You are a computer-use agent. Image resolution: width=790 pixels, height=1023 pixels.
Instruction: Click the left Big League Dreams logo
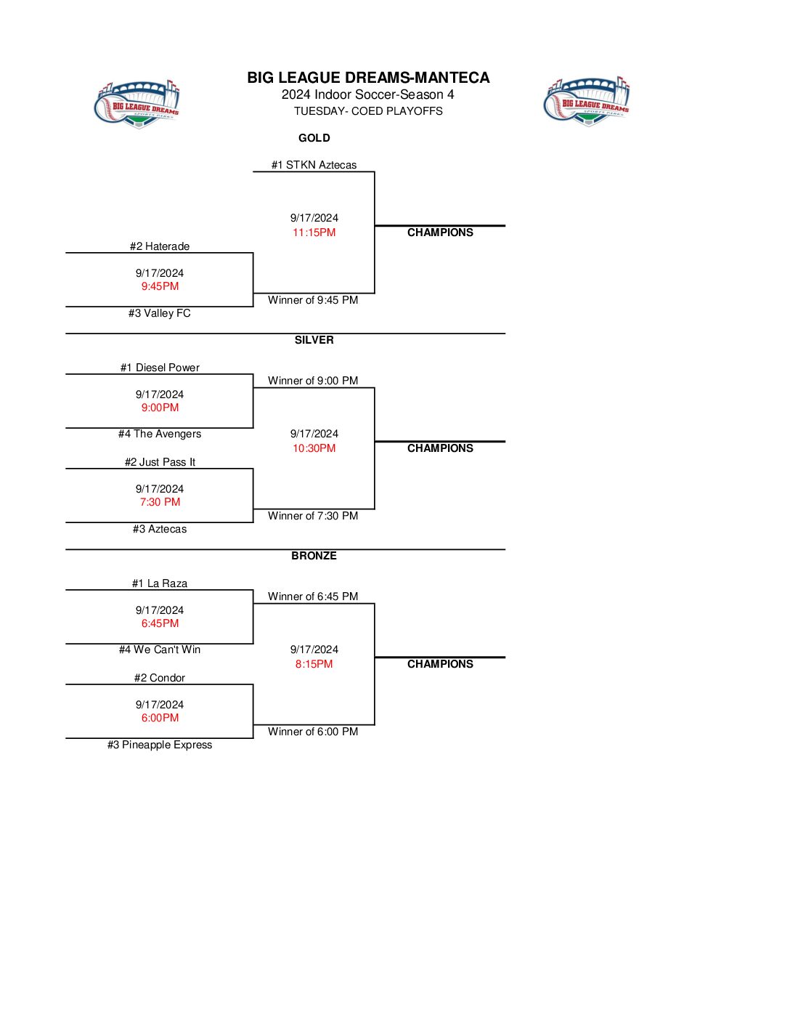click(x=137, y=105)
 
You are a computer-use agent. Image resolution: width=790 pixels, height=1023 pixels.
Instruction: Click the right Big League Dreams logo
click(x=587, y=101)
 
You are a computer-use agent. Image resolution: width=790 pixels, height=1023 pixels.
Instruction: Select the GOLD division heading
click(x=314, y=138)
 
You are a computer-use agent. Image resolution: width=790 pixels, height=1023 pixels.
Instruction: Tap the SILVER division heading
click(x=314, y=340)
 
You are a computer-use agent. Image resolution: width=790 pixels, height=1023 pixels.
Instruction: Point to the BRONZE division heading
click(x=314, y=556)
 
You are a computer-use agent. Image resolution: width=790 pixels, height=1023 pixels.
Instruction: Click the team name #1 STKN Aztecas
click(x=314, y=165)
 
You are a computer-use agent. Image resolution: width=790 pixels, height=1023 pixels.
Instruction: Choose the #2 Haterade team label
click(x=160, y=246)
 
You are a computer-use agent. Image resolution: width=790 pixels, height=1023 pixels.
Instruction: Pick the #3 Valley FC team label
click(x=160, y=313)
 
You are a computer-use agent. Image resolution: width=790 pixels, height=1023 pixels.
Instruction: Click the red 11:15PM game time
click(x=314, y=232)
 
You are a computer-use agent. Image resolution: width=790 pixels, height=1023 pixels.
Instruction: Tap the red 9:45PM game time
click(x=160, y=286)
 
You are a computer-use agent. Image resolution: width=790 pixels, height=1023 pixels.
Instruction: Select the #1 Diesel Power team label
click(x=160, y=368)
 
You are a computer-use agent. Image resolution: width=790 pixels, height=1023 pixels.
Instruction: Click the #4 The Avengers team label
click(x=160, y=434)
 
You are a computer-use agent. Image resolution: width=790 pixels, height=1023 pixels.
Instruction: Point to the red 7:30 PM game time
click(x=160, y=502)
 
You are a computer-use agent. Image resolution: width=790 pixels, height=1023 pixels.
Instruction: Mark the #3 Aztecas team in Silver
click(x=160, y=529)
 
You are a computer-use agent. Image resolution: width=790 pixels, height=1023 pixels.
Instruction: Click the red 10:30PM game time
click(x=314, y=448)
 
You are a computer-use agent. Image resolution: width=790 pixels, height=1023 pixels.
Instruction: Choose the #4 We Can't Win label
click(x=160, y=650)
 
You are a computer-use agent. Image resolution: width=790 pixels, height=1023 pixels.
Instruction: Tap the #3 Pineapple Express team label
click(x=160, y=745)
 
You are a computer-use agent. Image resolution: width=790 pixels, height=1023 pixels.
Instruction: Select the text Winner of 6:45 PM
click(x=313, y=597)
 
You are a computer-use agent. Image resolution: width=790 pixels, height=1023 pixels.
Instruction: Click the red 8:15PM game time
click(x=314, y=664)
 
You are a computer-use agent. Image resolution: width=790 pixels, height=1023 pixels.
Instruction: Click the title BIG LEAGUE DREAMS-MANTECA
click(x=368, y=78)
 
